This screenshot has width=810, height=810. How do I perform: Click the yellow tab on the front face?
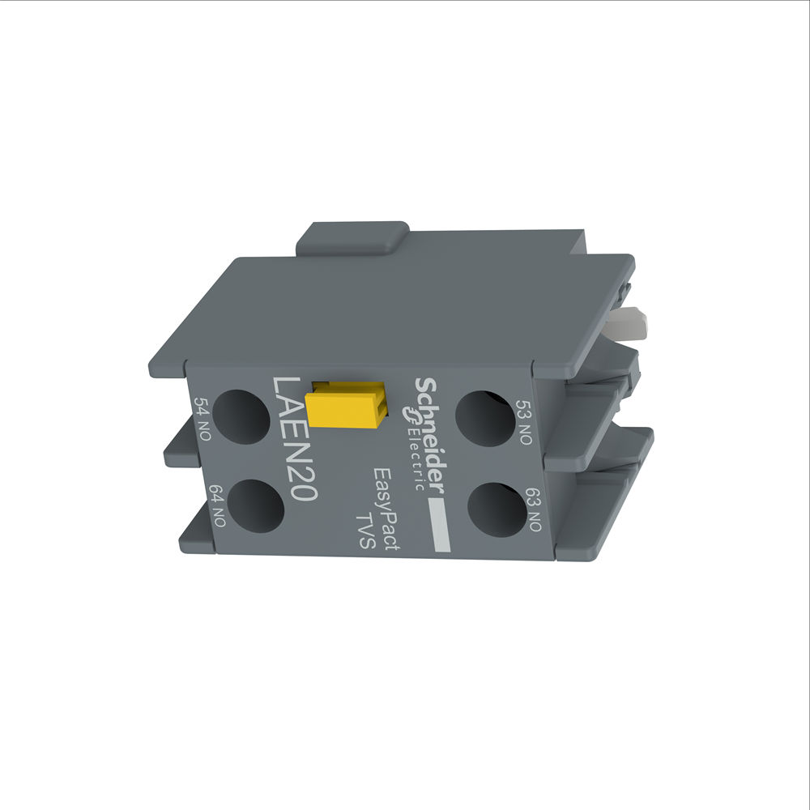345,403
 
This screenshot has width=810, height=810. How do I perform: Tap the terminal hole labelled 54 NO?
242,415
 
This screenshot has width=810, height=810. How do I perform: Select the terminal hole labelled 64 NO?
256,506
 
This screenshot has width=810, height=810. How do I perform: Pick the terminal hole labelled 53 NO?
484,417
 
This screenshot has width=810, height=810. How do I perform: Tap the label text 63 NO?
534,509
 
